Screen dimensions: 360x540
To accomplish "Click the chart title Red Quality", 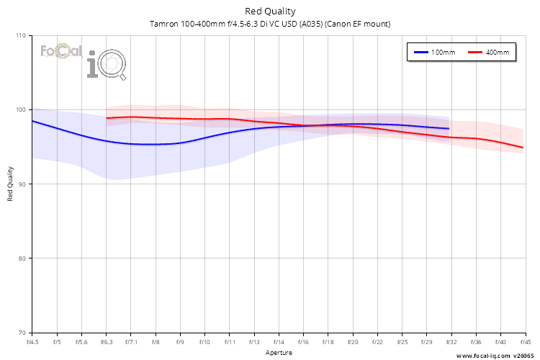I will [x=270, y=11].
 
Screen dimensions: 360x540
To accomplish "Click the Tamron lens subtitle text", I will [x=270, y=24].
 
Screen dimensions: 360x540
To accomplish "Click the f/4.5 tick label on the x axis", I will [x=32, y=342].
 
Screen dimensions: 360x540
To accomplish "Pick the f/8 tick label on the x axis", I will [x=156, y=342].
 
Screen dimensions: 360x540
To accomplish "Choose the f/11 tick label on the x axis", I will [x=230, y=342].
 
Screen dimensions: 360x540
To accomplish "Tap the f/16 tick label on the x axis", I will [x=303, y=342].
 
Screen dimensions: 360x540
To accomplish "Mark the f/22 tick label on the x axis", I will [x=377, y=342].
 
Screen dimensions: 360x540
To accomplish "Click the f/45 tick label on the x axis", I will [x=523, y=342].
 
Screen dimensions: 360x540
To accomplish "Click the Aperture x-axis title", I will [x=278, y=353].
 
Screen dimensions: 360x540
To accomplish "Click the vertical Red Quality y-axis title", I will [x=10, y=184].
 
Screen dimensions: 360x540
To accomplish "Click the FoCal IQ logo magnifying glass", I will [x=114, y=66].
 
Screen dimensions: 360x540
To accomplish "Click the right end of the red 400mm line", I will [x=523, y=148].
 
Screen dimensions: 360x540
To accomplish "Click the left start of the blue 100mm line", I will [x=32, y=121].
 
